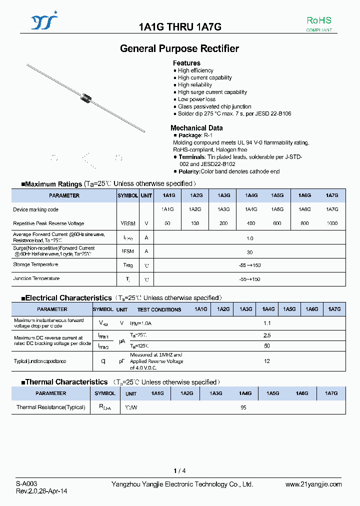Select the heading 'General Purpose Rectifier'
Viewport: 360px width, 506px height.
179,48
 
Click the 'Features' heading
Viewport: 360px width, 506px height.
186,63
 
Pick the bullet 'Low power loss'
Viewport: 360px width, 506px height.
196,99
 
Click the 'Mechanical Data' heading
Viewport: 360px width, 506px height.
196,128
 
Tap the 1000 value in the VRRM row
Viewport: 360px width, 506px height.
332,223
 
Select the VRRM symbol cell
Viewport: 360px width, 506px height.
127,223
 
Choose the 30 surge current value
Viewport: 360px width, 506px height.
250,252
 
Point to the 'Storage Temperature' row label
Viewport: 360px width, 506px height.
35,265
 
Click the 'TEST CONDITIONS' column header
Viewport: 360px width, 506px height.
159,309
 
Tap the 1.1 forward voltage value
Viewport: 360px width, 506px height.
267,323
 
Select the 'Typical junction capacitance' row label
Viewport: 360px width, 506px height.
40,361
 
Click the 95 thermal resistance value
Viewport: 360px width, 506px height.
243,407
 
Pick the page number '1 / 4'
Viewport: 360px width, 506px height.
179,471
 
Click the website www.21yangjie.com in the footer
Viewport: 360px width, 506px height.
313,484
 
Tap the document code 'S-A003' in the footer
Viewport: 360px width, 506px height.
26,484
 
